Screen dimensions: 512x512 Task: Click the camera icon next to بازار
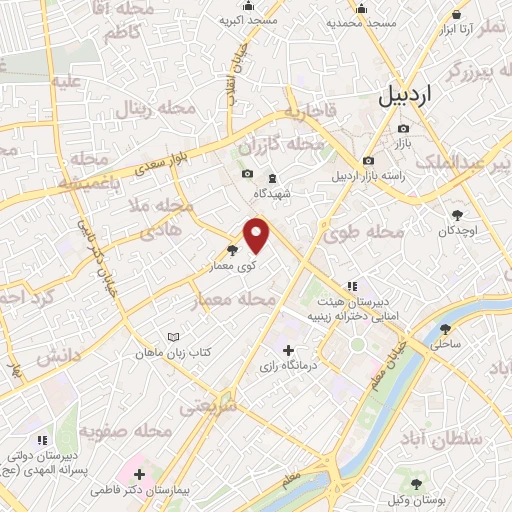403,128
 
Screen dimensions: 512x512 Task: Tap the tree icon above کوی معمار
233,251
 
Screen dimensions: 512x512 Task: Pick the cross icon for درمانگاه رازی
289,350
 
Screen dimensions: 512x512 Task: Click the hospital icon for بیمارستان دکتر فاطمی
138,474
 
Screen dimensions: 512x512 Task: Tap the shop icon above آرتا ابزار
458,15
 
